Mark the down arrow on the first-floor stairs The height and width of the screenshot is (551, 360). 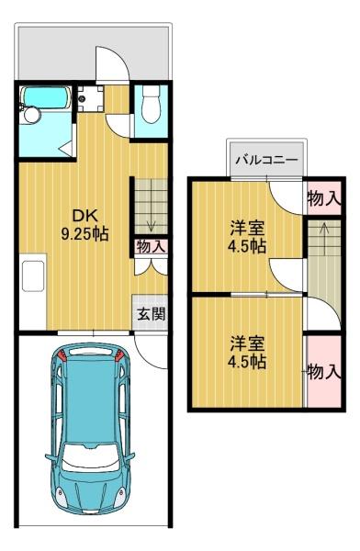pos(149,222)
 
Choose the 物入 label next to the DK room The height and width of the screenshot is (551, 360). pos(150,246)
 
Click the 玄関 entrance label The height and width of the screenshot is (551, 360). pos(152,314)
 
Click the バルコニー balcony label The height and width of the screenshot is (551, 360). pos(265,160)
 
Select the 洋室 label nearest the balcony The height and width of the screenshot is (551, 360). pos(246,230)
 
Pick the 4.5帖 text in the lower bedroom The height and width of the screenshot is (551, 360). pos(246,362)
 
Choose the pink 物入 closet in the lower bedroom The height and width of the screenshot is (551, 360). pos(322,372)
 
